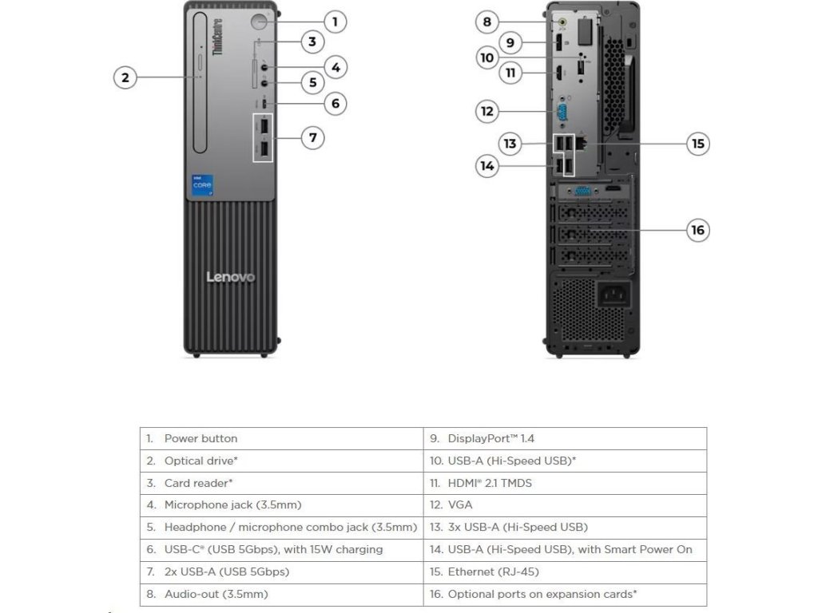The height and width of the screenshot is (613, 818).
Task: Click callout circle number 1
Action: coord(335,22)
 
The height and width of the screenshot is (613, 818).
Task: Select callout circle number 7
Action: coord(312,138)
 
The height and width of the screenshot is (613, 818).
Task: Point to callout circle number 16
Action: coord(698,231)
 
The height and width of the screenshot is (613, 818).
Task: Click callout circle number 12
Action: coord(487,111)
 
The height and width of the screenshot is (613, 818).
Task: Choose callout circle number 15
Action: coord(698,144)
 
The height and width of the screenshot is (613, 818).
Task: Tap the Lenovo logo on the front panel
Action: coord(231,277)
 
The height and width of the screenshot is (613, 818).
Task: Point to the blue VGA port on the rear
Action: coord(562,111)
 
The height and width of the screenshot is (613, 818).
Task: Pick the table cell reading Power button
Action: coord(281,438)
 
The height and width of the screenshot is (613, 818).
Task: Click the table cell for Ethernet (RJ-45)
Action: coord(565,571)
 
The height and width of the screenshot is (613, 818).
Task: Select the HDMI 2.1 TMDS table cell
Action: coord(565,483)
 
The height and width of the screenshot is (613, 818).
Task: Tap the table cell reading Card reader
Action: coord(281,483)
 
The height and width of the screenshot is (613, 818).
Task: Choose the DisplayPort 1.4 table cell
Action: coord(565,438)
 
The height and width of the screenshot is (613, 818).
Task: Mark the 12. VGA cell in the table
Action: coord(565,504)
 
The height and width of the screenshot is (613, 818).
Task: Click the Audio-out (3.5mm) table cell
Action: coord(281,594)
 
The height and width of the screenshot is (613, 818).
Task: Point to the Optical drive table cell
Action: coord(281,461)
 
